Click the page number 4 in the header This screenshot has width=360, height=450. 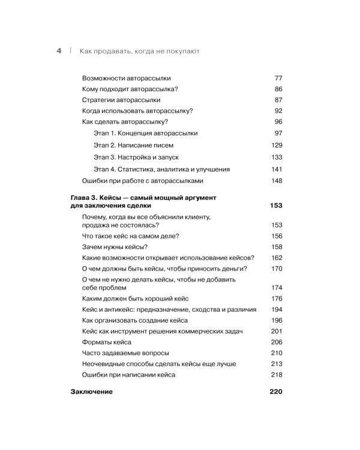click(59, 52)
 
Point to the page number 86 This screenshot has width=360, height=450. click(278, 89)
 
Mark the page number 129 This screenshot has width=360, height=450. click(276, 145)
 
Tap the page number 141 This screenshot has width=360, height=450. click(276, 169)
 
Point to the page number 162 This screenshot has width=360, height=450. click(276, 257)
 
